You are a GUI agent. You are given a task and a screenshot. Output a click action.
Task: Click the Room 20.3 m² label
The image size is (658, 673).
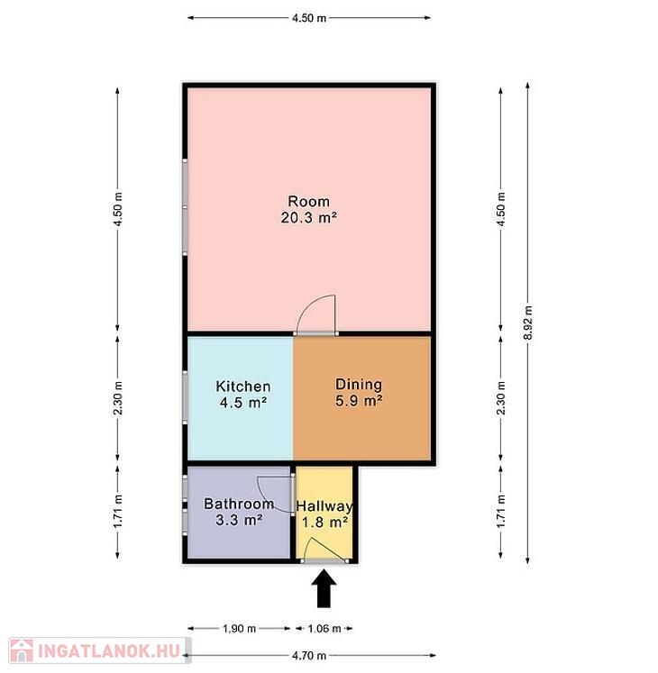309,209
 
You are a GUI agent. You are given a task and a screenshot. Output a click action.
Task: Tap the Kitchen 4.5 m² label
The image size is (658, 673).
243,394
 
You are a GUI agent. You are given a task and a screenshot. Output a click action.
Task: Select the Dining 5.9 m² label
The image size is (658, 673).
359,392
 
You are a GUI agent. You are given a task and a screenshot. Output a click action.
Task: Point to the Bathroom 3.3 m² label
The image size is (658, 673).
239,512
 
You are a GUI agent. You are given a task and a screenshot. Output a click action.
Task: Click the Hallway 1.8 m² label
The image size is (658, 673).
324,514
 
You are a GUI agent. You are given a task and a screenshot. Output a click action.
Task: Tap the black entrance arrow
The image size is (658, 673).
324,588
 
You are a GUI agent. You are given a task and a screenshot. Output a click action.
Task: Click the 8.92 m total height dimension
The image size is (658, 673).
528,323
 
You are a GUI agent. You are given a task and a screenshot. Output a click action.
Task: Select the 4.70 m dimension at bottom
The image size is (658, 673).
309,655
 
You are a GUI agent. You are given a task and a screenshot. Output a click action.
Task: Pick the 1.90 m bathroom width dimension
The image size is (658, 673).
239,628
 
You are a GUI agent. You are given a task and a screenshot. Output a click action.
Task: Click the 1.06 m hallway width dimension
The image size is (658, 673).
324,628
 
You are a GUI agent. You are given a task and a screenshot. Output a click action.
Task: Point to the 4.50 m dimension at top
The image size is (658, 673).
309,18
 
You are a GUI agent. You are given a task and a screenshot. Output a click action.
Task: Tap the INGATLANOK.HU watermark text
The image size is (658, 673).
109,650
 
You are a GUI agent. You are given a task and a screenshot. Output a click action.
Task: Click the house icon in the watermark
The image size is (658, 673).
22,650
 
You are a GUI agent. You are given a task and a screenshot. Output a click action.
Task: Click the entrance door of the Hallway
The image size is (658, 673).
324,550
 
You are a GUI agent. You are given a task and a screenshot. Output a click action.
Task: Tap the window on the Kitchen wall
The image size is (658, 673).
185,397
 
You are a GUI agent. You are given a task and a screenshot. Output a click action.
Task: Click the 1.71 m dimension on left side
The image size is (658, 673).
118,511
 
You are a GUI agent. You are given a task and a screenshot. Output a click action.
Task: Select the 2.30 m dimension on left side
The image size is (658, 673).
118,397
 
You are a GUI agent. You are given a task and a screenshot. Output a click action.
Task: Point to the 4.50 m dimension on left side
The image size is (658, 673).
118,209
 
